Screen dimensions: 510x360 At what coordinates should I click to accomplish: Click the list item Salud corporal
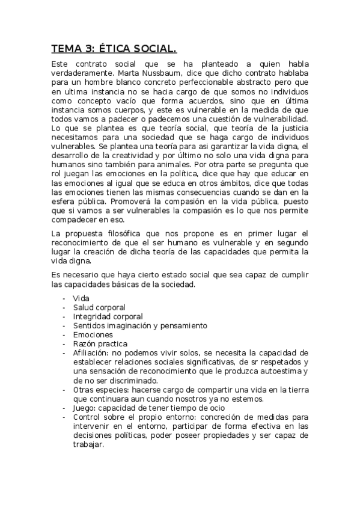coord(99,307)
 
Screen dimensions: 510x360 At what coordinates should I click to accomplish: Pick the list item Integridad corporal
coord(108,316)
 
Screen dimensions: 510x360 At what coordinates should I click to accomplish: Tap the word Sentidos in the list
coord(89,325)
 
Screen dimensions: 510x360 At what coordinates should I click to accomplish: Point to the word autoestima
coord(283,371)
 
